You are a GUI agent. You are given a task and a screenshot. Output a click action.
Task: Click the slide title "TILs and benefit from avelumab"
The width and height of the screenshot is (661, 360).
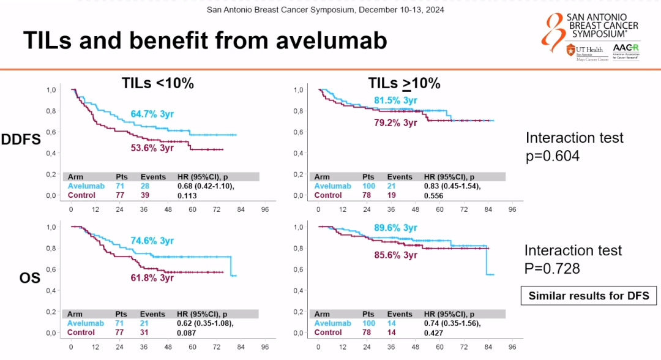click(205, 41)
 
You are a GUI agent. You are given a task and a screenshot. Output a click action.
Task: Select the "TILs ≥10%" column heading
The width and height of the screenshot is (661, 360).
click(404, 84)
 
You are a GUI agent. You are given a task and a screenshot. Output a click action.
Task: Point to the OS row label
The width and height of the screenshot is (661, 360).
click(29, 278)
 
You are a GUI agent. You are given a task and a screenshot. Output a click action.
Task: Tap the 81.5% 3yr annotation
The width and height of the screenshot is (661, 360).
click(395, 100)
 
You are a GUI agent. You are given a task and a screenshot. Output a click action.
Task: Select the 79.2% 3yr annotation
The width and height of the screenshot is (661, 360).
click(395, 122)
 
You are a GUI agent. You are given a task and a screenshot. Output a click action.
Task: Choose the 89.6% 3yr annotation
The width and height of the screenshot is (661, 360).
click(395, 228)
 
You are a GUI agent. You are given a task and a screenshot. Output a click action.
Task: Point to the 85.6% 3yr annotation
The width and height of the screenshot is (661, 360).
click(395, 254)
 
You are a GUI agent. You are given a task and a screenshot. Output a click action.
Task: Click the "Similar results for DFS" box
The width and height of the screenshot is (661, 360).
click(589, 296)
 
